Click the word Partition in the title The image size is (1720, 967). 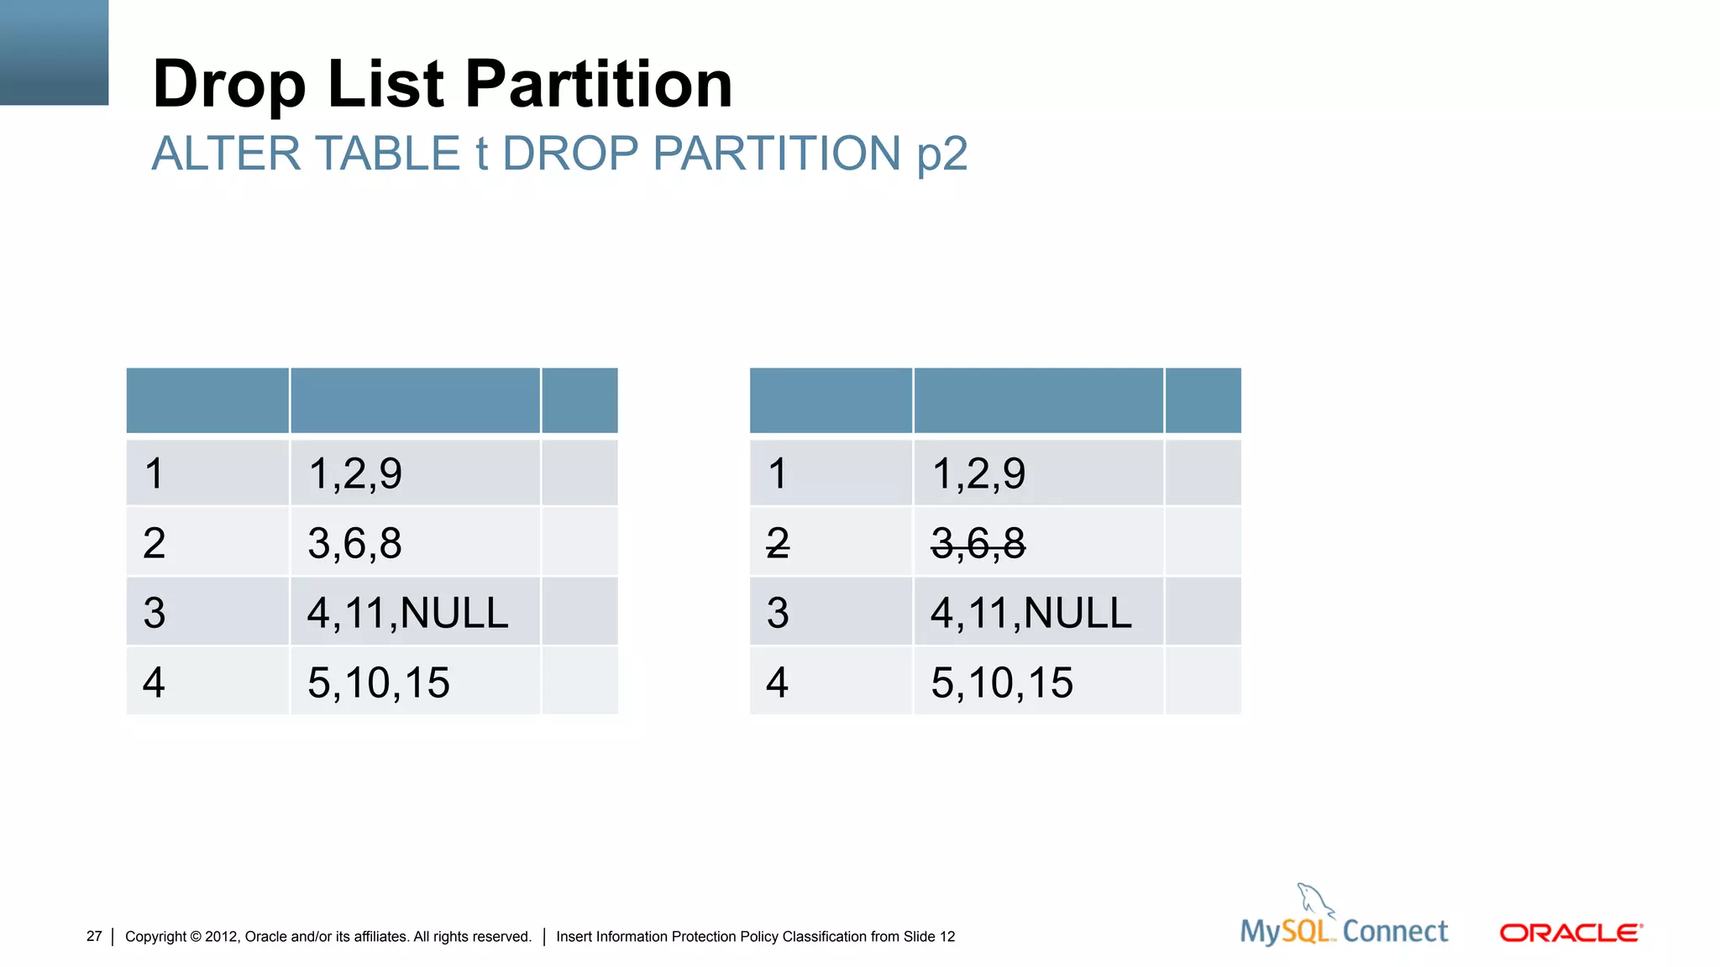(x=598, y=84)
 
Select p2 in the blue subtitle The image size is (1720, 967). (x=941, y=154)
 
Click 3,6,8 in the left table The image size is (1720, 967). (x=354, y=543)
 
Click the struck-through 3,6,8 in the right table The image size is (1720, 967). (x=978, y=543)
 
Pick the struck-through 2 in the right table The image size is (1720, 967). (x=778, y=543)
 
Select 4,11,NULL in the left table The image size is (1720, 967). (x=407, y=613)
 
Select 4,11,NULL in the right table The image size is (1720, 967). (x=1030, y=613)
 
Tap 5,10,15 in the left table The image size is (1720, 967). (x=378, y=682)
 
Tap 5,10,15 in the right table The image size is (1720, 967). (x=1001, y=682)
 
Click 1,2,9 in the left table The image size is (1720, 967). (x=354, y=473)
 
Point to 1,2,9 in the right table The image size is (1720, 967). (x=978, y=473)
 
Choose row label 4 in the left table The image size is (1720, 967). (x=154, y=682)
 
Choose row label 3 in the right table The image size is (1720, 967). (x=778, y=613)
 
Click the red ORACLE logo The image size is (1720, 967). (x=1571, y=933)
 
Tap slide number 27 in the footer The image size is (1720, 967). (x=94, y=937)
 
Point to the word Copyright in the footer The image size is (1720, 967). (x=155, y=937)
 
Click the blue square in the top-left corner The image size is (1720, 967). (x=54, y=52)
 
